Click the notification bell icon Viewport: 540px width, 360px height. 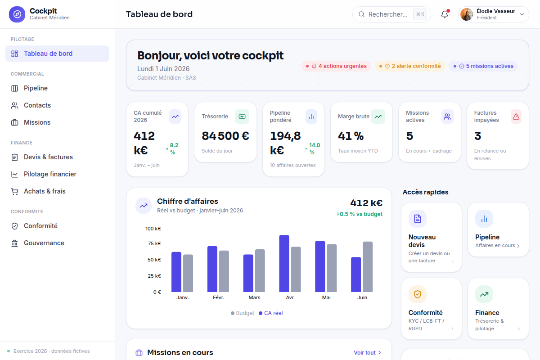[x=445, y=14]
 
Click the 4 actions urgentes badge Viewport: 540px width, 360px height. [x=336, y=66]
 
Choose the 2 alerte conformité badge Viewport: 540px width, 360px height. [x=410, y=66]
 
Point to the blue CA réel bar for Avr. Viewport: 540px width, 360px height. [x=284, y=264]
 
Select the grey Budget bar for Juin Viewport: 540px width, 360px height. [x=368, y=267]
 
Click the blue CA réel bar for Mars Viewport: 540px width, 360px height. [x=248, y=273]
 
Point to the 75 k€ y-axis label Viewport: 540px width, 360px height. [x=154, y=243]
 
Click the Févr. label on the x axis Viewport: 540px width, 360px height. [x=218, y=297]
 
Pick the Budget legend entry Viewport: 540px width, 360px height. [x=243, y=313]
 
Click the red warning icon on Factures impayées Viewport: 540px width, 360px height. [x=516, y=117]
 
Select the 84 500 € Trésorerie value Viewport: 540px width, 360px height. [x=225, y=136]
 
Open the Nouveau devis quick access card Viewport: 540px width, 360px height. [x=432, y=237]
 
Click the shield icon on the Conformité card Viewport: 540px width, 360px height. [x=418, y=294]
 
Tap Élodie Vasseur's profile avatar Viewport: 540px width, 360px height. [x=467, y=14]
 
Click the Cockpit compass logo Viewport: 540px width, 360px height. [x=17, y=14]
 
